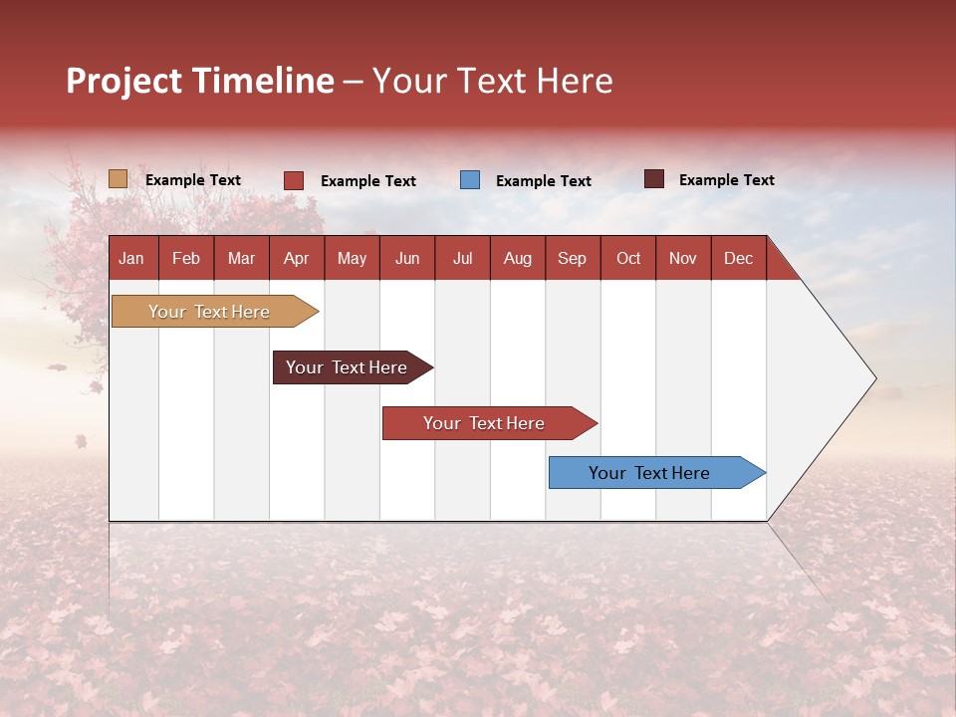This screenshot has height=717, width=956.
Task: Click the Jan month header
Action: point(131,258)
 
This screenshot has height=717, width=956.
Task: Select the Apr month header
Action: point(296,258)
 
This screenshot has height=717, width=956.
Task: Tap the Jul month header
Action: point(462,258)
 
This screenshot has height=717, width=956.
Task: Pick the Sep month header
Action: point(572,258)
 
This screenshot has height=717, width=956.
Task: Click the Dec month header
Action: point(738,258)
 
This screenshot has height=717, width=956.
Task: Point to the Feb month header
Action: point(186,258)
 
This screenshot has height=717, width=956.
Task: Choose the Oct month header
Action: point(628,258)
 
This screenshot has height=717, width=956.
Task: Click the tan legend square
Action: point(118,179)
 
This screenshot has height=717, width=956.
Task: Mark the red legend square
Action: point(294,180)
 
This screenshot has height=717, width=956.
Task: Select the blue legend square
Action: point(470,180)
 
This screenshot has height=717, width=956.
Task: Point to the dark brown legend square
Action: point(653,179)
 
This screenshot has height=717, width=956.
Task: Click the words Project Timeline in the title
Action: point(200,81)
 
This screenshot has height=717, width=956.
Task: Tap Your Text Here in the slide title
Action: point(493,81)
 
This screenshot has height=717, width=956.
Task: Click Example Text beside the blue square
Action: point(543,181)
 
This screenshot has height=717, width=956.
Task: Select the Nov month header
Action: point(683,258)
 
